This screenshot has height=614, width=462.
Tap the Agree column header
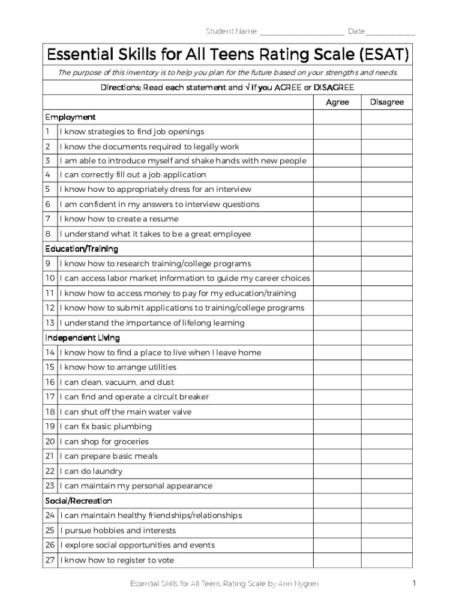point(337,103)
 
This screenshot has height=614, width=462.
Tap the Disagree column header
point(386,103)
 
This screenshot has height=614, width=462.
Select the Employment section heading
point(70,117)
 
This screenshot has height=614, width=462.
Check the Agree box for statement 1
point(337,132)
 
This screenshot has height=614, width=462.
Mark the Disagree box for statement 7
point(386,219)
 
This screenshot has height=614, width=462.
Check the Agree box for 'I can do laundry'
point(337,471)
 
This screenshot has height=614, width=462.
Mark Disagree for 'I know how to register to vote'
point(386,560)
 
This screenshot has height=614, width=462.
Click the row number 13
point(50,323)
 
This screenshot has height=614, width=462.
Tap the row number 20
point(50,442)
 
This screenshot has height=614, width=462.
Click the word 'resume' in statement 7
point(164,219)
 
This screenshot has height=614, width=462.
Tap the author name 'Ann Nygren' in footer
point(299,583)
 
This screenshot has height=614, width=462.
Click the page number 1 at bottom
point(413,583)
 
